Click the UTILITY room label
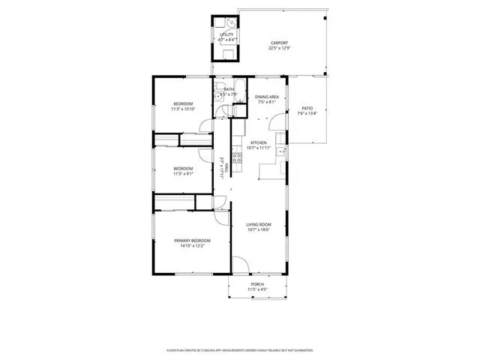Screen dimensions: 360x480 [x=226, y=35]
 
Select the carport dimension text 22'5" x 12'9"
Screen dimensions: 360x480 [x=279, y=49]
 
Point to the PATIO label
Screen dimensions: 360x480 [x=307, y=109]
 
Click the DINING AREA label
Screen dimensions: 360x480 [x=267, y=97]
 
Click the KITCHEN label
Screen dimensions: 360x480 [x=259, y=142]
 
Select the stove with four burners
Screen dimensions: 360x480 [x=236, y=157]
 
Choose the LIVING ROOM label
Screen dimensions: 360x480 [x=259, y=224]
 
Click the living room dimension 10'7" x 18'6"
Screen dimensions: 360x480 [x=259, y=229]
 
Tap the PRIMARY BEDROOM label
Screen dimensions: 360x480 [x=192, y=241]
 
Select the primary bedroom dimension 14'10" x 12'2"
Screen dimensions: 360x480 [x=192, y=246]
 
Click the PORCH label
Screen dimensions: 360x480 [x=257, y=284]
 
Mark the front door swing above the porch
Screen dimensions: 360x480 [x=240, y=265]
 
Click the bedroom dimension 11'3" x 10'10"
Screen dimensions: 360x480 [x=183, y=109]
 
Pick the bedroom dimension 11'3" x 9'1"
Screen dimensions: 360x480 [x=183, y=173]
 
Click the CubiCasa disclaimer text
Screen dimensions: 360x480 [x=239, y=350]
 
